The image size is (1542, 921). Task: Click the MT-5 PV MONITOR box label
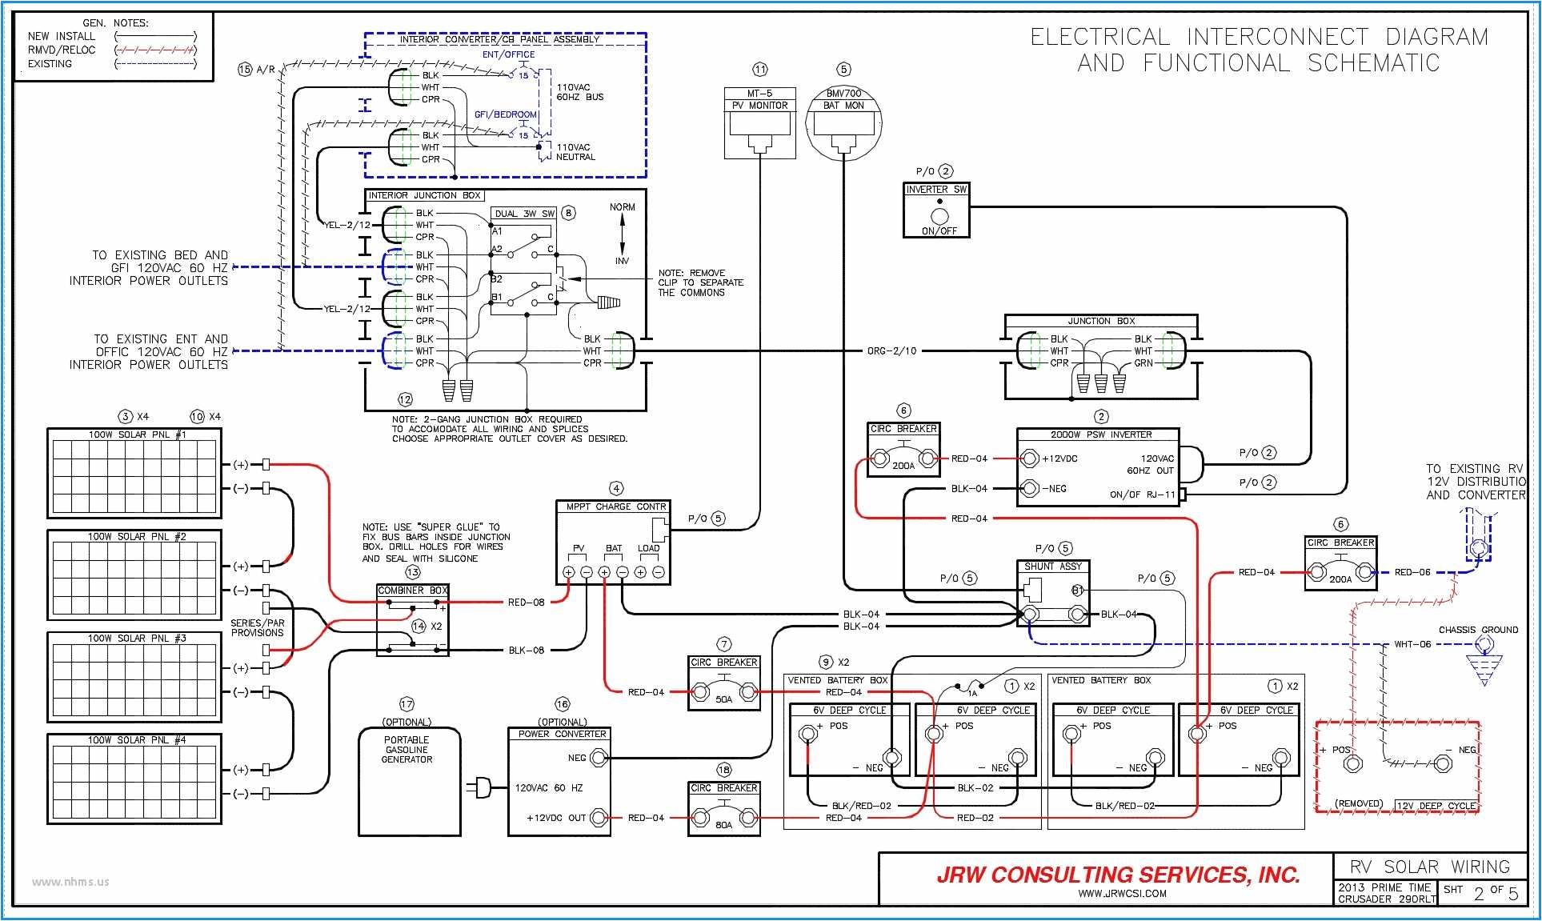tap(759, 99)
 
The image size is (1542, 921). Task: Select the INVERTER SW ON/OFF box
tap(936, 210)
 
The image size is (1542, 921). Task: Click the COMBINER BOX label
tap(412, 591)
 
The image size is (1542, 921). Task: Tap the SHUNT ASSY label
tap(1052, 566)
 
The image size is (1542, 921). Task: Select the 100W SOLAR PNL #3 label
tap(136, 638)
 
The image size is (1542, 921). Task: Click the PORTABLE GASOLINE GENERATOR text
tap(407, 750)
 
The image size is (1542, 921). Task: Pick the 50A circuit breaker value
tap(723, 699)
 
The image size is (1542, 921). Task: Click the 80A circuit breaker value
tap(723, 824)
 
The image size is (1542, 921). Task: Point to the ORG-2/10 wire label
tap(891, 351)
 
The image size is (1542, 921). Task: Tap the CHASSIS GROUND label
tap(1477, 630)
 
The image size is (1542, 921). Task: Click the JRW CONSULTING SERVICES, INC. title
tap(1118, 875)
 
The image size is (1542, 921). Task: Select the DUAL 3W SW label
tap(524, 214)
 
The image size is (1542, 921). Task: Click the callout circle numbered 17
tap(407, 704)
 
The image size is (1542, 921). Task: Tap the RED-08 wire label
tap(526, 603)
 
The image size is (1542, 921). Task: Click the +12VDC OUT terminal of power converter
tap(597, 818)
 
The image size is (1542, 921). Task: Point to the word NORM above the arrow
tap(622, 207)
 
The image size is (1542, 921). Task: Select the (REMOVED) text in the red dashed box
tap(1358, 803)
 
